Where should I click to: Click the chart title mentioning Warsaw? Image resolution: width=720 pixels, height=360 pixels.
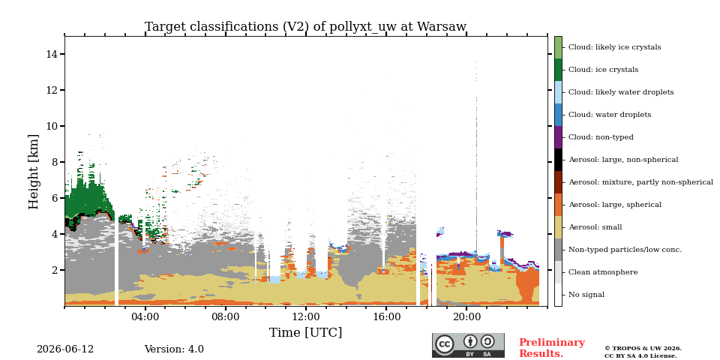[x=305, y=27]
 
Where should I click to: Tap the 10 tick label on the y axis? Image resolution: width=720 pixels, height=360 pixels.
[x=52, y=126]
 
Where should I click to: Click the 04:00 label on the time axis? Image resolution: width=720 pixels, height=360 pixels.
[x=145, y=318]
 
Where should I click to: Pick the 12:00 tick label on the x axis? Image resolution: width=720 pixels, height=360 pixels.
[x=306, y=318]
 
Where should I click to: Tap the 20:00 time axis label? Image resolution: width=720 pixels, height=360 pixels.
[x=466, y=318]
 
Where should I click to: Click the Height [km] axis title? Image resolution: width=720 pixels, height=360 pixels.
[x=34, y=172]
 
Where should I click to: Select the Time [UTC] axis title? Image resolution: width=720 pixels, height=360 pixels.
[x=305, y=332]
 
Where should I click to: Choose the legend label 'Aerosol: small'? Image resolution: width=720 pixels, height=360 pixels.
[x=595, y=227]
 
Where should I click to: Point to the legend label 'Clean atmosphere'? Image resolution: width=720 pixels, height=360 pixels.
[x=603, y=272]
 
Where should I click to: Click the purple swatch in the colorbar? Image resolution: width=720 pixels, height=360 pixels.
[x=558, y=137]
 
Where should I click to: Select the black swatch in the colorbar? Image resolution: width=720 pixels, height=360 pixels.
[x=558, y=160]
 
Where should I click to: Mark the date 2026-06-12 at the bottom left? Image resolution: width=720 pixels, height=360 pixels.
[x=65, y=349]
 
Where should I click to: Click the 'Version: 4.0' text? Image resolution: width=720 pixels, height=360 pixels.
[x=174, y=349]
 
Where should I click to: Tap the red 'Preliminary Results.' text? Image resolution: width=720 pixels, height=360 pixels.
[x=552, y=348]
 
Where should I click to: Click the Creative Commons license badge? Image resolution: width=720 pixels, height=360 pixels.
[x=468, y=345]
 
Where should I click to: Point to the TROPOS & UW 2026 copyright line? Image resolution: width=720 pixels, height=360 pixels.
[x=643, y=349]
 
